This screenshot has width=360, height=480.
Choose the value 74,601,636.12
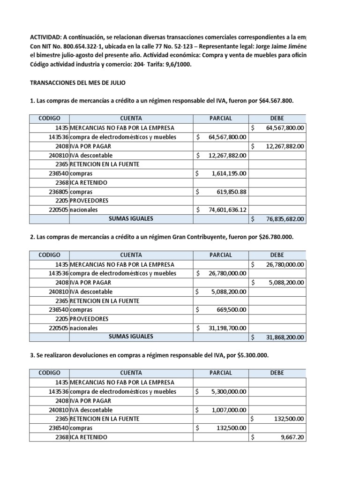point(227,210)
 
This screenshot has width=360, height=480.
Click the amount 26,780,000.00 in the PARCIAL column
point(227,273)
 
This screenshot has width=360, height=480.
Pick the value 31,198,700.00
point(227,328)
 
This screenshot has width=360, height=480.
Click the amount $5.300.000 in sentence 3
point(251,355)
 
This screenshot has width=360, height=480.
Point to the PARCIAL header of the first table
point(221,119)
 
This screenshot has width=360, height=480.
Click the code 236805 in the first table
point(59,192)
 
